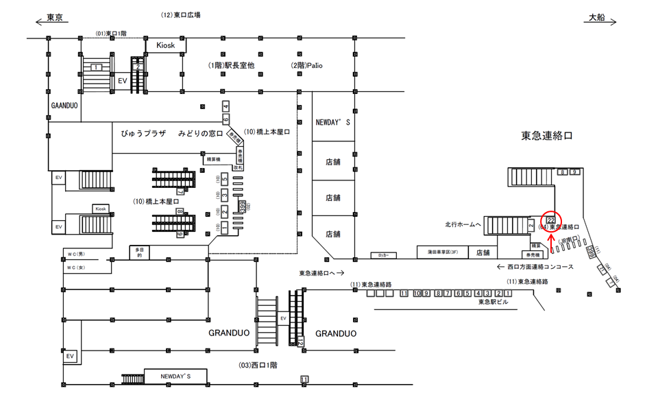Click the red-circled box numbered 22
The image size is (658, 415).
tap(550, 220)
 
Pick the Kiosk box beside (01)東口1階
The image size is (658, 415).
tap(166, 45)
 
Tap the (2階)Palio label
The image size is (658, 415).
tap(306, 65)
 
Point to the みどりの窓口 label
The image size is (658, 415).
tap(201, 133)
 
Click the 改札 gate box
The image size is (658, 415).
tap(239, 167)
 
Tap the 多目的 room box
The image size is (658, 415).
tap(140, 252)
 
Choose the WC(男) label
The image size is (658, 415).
tap(75, 254)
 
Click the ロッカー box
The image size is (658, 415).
tap(383, 255)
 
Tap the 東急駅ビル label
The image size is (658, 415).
tap(493, 302)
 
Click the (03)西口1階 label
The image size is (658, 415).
tap(257, 365)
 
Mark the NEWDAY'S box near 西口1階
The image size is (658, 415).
tap(175, 377)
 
